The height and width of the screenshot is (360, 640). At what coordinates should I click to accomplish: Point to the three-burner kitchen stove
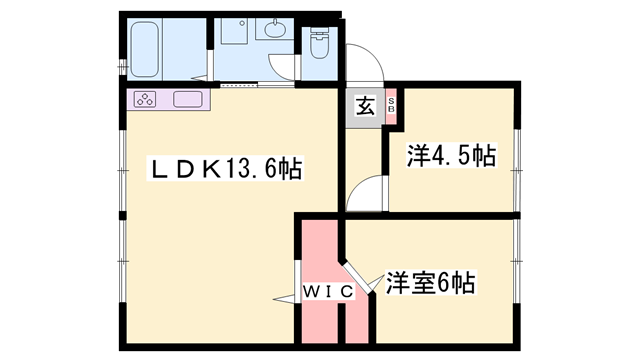point(144,99)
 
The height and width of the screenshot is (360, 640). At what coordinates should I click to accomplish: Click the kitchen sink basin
point(187,99)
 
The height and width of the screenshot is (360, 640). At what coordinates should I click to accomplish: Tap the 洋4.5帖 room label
point(451,156)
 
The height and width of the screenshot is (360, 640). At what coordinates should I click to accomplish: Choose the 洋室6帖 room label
point(430,284)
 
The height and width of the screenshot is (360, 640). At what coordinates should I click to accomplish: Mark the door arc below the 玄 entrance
point(363,193)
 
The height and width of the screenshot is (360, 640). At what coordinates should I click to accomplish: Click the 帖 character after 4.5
point(484,156)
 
